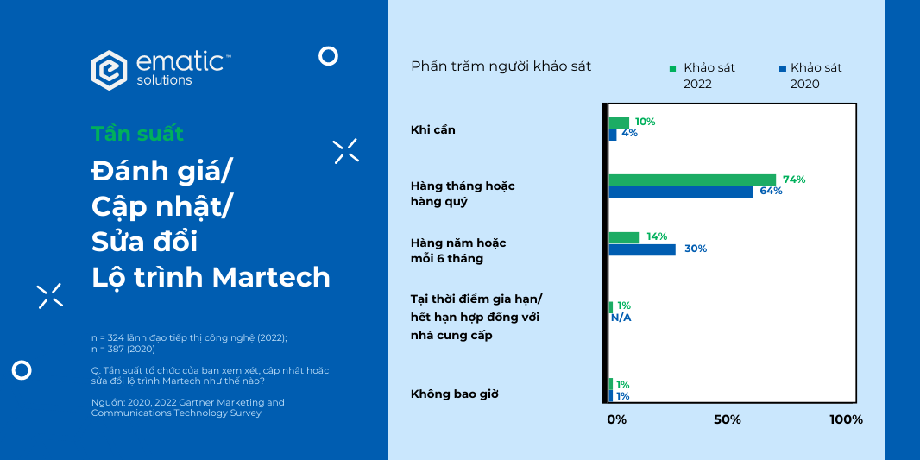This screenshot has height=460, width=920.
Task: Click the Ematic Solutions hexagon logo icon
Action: (x=110, y=70)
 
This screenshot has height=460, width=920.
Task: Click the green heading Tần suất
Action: (x=137, y=134)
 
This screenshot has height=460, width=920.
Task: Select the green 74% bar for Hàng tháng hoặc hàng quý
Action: (x=692, y=180)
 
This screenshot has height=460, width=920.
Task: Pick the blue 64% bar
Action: (x=680, y=192)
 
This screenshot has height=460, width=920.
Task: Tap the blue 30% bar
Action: (x=642, y=249)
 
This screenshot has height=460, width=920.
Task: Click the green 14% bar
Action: (x=624, y=237)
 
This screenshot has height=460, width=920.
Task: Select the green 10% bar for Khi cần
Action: (x=619, y=123)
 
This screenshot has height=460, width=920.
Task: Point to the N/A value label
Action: (x=621, y=318)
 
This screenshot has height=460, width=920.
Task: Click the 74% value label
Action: (x=794, y=180)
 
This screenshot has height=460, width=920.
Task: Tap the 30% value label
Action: (x=696, y=249)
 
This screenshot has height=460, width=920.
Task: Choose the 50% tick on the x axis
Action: (x=728, y=419)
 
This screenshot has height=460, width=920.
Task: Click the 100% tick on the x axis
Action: (x=845, y=419)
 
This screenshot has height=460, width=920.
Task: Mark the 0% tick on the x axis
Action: (x=616, y=419)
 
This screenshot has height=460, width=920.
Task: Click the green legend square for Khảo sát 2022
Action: (x=673, y=68)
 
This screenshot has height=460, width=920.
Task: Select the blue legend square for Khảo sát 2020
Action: (x=782, y=68)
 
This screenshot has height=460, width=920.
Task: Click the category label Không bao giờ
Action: (x=455, y=394)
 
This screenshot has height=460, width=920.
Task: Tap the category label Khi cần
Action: (x=432, y=129)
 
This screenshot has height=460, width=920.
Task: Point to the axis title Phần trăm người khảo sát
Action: (x=501, y=66)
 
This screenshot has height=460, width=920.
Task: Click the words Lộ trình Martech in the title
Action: (x=211, y=277)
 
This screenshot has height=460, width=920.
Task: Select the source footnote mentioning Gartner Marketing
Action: (x=187, y=407)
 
